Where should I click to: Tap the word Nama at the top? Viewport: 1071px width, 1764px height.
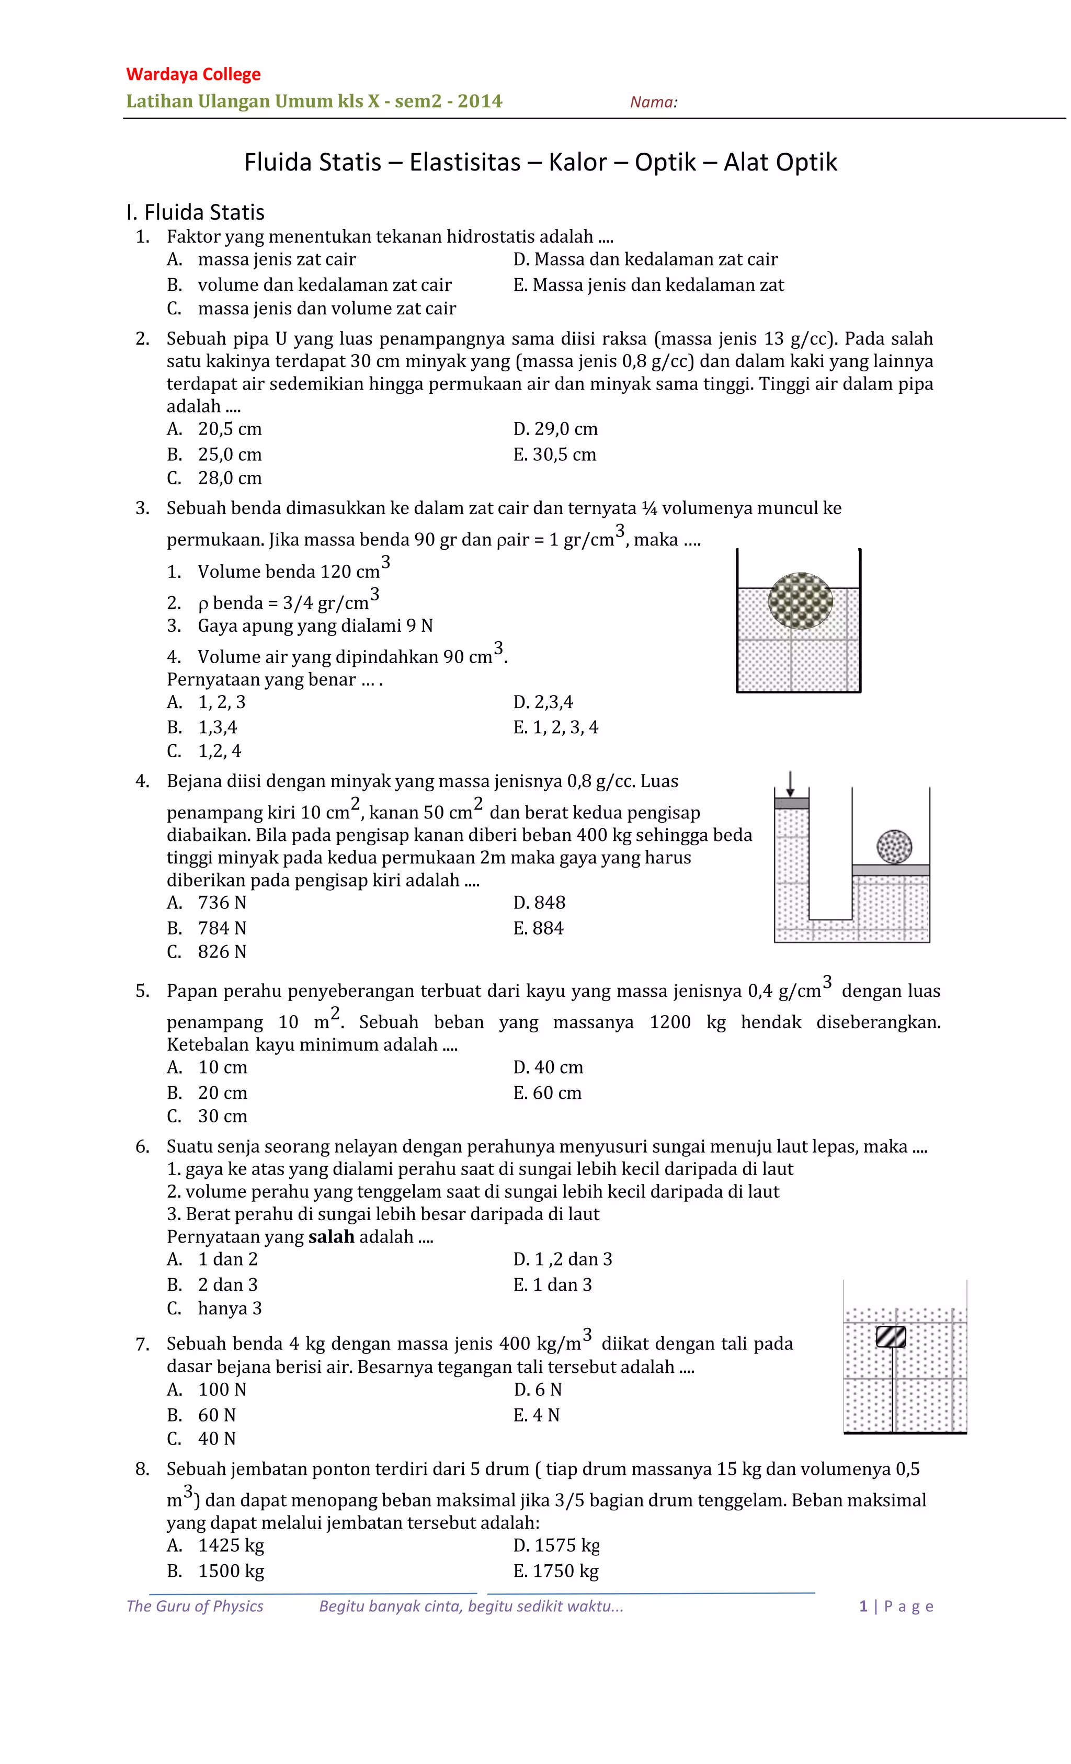pyautogui.click(x=653, y=103)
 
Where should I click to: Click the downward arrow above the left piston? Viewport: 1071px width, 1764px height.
pyautogui.click(x=790, y=783)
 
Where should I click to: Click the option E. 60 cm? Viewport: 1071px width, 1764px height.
pyautogui.click(x=547, y=1092)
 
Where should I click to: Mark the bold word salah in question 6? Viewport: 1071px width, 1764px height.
pyautogui.click(x=332, y=1236)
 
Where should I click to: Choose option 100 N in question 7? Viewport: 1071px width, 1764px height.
pyautogui.click(x=222, y=1390)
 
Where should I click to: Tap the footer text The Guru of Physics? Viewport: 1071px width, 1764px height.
pyautogui.click(x=195, y=1606)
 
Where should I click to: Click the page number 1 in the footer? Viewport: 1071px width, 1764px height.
pyautogui.click(x=863, y=1606)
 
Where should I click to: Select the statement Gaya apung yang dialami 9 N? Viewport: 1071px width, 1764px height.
pyautogui.click(x=315, y=625)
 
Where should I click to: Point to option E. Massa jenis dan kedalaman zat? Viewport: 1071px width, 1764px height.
pyautogui.click(x=648, y=285)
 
